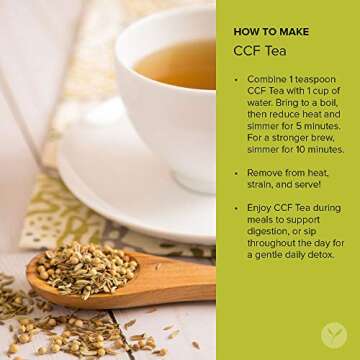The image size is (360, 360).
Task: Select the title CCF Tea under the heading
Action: pos(259,50)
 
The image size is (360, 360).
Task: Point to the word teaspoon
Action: pos(319,78)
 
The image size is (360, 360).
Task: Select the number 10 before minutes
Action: pos(297,150)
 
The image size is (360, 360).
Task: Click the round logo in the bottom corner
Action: pos(333,333)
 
